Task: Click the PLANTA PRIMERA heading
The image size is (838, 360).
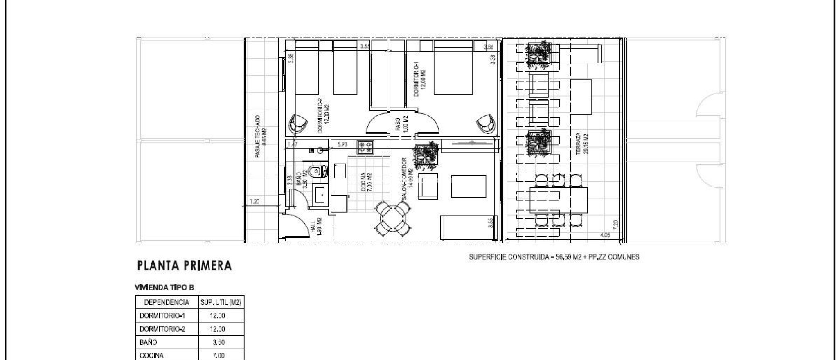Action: click(x=185, y=266)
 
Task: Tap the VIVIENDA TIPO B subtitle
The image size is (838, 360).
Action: click(x=164, y=288)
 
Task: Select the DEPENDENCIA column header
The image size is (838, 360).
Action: click(x=167, y=303)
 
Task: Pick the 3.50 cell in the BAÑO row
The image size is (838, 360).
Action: click(x=219, y=342)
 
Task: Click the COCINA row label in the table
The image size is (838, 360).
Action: click(x=152, y=355)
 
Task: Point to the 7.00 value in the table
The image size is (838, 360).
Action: click(x=219, y=355)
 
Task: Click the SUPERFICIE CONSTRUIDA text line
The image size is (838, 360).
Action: click(x=554, y=257)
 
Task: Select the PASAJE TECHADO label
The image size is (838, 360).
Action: click(x=260, y=136)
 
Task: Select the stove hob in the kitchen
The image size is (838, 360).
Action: click(x=365, y=148)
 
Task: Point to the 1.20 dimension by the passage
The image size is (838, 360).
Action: click(x=255, y=202)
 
